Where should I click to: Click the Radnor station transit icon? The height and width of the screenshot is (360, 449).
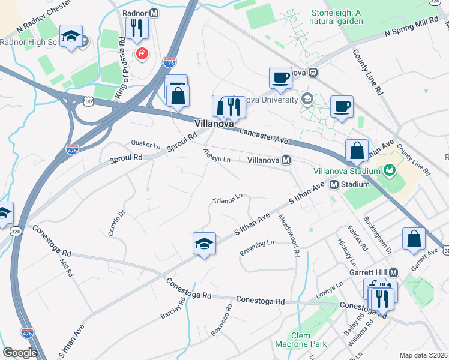[x=154, y=13]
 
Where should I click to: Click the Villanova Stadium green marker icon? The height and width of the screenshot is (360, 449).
[x=389, y=171]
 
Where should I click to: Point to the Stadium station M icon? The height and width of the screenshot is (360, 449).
[x=333, y=184]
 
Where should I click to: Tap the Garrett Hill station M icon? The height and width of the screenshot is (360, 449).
[x=394, y=272]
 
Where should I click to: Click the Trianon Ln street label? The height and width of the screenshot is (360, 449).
[x=228, y=197]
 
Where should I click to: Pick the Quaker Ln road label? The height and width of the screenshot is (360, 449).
[x=146, y=145]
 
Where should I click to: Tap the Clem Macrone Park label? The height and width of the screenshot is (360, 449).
[x=300, y=340]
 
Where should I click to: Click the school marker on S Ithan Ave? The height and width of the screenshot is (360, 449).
[x=204, y=244]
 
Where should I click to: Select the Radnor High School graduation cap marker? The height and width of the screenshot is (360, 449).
[x=71, y=37]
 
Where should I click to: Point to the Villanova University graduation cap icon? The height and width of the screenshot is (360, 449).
[x=307, y=99]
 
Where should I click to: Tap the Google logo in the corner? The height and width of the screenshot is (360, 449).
[x=20, y=353]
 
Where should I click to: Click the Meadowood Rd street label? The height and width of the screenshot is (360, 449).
[x=289, y=236]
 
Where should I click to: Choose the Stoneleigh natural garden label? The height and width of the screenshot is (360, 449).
[x=337, y=17]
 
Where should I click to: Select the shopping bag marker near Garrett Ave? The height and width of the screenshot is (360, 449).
[x=414, y=238]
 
